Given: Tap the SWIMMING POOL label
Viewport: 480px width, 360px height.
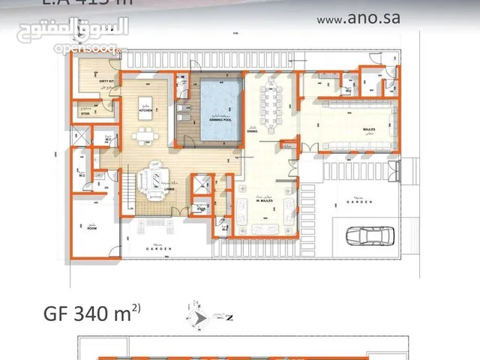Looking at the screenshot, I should (x=220, y=118).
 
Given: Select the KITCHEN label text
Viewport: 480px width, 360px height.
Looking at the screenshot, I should (x=145, y=111).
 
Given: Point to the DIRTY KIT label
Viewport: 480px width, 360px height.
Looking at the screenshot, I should (x=106, y=82).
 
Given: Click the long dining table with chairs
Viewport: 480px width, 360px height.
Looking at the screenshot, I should (x=270, y=106).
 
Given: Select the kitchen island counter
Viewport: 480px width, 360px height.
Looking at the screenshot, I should (x=145, y=102).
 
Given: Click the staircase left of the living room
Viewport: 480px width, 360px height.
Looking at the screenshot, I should (x=130, y=184).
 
